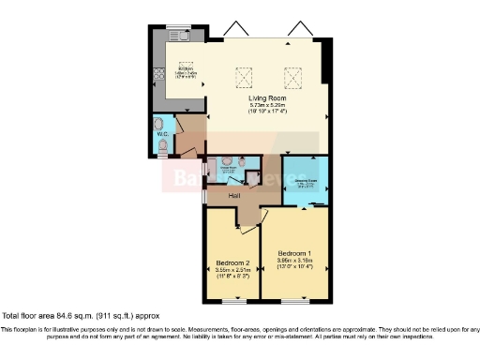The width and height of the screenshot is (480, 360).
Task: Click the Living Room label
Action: [266, 97]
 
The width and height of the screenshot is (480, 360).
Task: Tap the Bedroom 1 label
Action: [293, 254]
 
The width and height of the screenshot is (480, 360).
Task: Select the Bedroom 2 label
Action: [232, 262]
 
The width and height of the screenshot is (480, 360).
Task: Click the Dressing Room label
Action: [306, 179]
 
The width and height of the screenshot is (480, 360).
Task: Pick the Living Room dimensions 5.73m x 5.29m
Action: [266, 105]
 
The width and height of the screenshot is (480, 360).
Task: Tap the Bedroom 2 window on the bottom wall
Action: [233, 301]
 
